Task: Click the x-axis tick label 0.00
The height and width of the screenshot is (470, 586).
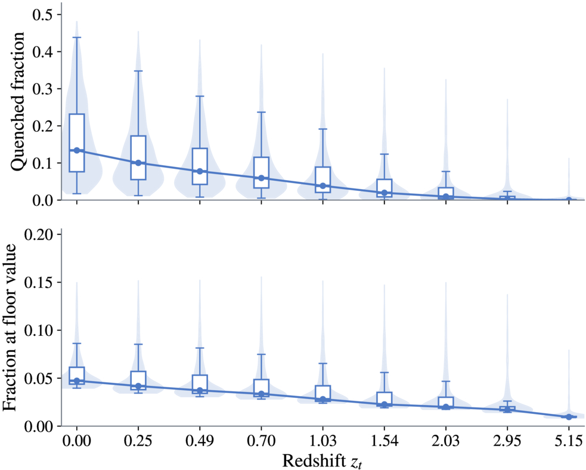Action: pyautogui.click(x=77, y=441)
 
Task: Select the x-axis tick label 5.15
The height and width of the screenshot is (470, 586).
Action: pyautogui.click(x=569, y=441)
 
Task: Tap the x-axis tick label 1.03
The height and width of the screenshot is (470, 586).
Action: pyautogui.click(x=323, y=441)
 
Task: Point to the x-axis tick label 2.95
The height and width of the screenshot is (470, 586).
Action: pyautogui.click(x=507, y=441)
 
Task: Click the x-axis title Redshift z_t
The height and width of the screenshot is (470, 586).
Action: pyautogui.click(x=322, y=461)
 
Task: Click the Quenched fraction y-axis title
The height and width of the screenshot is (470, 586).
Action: pyautogui.click(x=17, y=102)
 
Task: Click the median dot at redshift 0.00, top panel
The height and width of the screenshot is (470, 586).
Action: pyautogui.click(x=77, y=150)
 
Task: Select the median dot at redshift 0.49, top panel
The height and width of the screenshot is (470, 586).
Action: pyautogui.click(x=200, y=171)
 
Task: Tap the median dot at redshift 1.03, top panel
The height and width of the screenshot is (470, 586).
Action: pyautogui.click(x=323, y=186)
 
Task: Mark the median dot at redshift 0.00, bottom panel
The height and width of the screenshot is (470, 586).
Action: pyautogui.click(x=77, y=381)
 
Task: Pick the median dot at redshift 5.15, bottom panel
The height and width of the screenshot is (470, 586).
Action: pyautogui.click(x=569, y=417)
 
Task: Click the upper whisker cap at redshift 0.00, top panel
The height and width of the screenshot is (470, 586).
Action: pyautogui.click(x=77, y=38)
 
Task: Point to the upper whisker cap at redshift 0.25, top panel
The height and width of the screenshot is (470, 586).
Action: pyautogui.click(x=138, y=70)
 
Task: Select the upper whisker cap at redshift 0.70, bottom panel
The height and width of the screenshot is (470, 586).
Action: pyautogui.click(x=261, y=354)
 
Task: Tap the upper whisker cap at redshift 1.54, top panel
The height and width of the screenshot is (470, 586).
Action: pyautogui.click(x=384, y=154)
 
